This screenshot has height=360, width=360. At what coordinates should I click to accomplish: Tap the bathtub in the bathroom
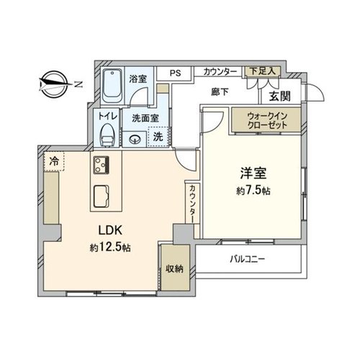112,86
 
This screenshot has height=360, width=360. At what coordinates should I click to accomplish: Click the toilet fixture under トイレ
107,135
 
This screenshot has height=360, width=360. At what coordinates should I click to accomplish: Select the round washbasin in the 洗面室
135,140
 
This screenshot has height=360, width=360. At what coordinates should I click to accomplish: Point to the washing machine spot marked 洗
158,137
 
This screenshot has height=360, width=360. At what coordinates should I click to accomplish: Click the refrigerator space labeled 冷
54,161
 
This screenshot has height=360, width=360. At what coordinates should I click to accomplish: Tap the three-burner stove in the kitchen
101,165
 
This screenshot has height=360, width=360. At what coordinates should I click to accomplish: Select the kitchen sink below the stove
101,197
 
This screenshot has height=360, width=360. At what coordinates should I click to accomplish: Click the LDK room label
110,230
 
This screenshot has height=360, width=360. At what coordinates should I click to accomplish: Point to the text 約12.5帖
110,248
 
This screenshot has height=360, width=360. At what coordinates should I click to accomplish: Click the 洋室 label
253,174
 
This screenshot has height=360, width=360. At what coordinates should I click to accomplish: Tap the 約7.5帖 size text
253,191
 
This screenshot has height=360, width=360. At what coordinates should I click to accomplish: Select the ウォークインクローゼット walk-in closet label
267,120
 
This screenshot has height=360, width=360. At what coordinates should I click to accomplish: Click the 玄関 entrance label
280,96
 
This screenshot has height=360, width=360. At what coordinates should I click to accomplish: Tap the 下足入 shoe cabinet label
262,71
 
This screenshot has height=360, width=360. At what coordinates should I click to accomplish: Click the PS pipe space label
175,73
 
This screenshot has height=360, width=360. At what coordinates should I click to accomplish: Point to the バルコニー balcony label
247,259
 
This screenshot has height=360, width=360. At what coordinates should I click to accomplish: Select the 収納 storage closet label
175,269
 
